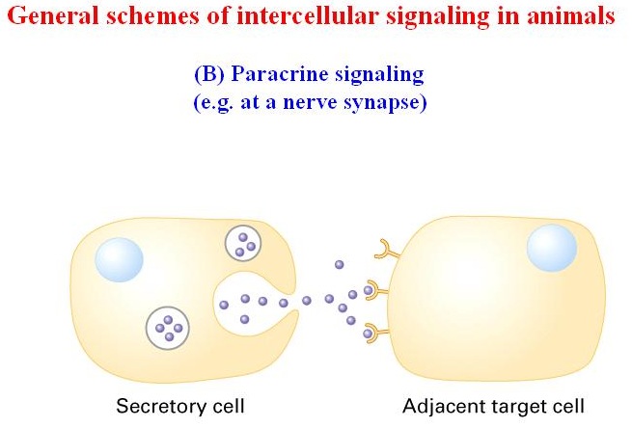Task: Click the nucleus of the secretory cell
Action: coord(119,259)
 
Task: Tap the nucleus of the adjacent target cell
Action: coord(552,248)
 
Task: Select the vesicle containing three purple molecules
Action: coord(243,243)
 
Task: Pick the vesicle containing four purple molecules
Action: coord(168,328)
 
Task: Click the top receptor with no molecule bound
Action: coord(384,251)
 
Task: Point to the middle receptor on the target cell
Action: coord(377,290)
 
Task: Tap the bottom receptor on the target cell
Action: coord(377,333)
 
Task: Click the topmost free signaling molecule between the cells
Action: coord(340,265)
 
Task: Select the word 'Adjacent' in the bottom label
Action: coord(442,406)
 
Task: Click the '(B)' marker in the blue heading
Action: coord(209,74)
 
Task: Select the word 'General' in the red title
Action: coord(52,16)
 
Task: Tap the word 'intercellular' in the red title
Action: coord(309,16)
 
